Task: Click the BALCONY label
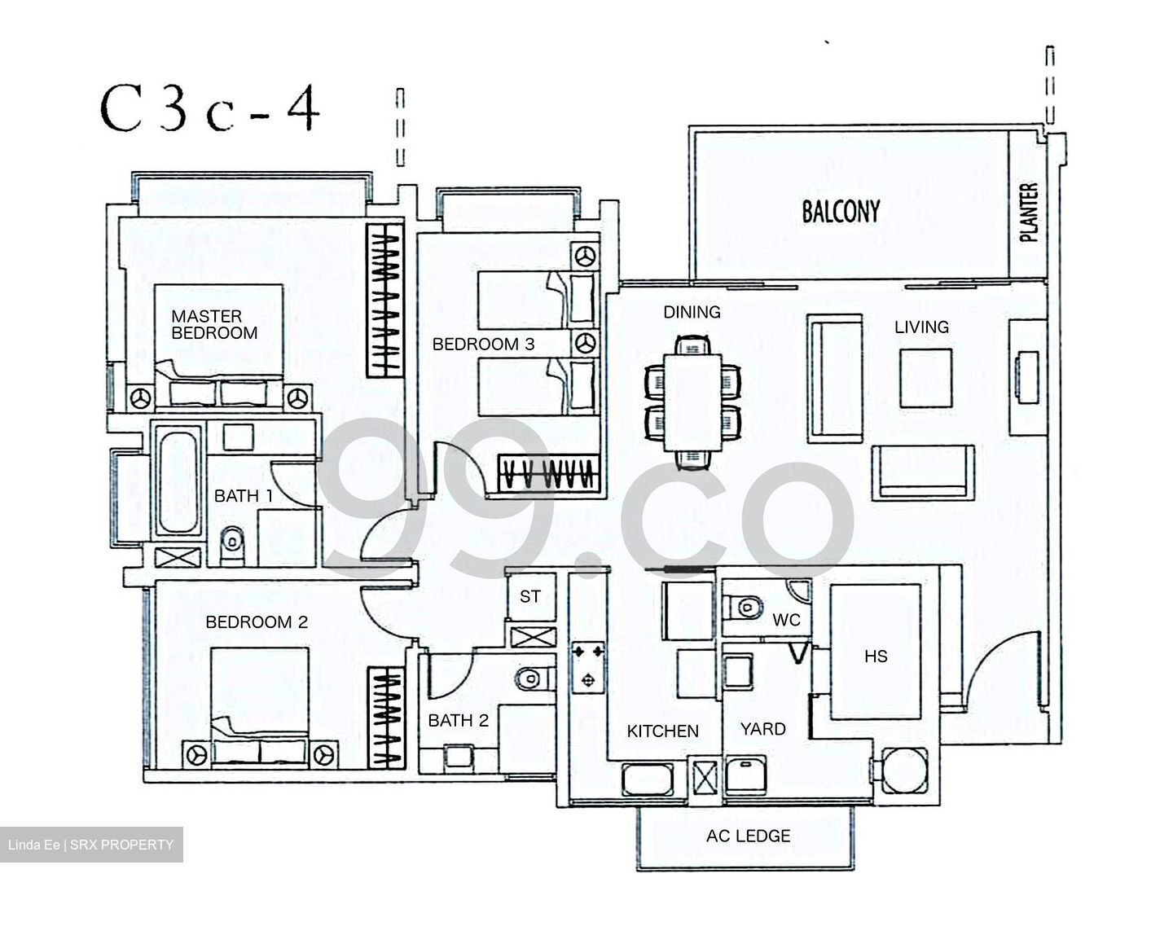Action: tap(841, 212)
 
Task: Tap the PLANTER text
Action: tap(1029, 213)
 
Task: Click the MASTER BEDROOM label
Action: tap(213, 324)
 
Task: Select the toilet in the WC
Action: tap(745, 605)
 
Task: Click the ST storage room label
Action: tap(530, 596)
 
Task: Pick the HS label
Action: tap(876, 656)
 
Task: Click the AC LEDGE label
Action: tap(748, 836)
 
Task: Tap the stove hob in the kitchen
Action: tap(588, 665)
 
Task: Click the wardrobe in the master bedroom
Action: tap(384, 301)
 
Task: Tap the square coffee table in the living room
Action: tap(926, 378)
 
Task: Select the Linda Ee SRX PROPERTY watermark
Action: tap(91, 845)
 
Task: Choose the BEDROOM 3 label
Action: tap(483, 345)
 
